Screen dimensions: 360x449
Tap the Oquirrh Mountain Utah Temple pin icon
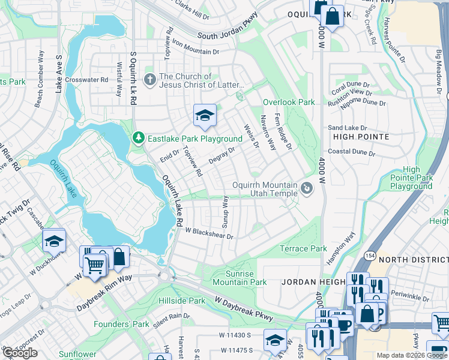[307, 189]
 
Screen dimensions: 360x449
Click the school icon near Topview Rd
[205, 116]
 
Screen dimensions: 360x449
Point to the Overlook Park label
[289, 103]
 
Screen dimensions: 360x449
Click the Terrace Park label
[303, 248]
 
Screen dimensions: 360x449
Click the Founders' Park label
[121, 324]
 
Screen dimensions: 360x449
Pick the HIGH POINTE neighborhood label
[358, 137]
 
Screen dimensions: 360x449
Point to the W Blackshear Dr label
[208, 233]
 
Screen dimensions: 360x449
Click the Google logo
[20, 353]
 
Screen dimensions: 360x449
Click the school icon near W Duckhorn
[54, 241]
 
